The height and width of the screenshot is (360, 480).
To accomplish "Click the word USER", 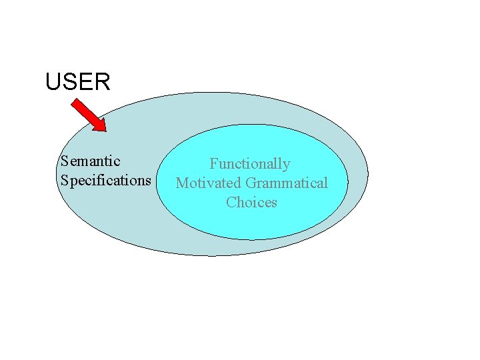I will tap(77, 82).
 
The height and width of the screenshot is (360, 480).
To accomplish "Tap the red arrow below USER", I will tap(89, 115).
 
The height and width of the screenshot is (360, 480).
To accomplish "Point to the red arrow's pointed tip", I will tap(105, 130).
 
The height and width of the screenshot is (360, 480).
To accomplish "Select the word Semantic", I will tap(90, 161).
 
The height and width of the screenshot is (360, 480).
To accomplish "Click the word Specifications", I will tap(105, 181).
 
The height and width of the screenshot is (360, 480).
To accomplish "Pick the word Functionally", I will tap(250, 164).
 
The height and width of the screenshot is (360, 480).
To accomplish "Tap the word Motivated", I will tap(208, 183).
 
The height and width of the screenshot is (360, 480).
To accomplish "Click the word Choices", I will tap(251, 202).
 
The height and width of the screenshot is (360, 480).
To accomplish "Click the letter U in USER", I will tap(53, 82).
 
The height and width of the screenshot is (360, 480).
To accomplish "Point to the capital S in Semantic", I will tap(64, 161).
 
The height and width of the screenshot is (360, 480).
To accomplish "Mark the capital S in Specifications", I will tap(64, 181).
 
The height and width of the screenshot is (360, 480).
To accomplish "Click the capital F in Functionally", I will tap(214, 163).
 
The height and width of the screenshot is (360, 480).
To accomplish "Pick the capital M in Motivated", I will tap(181, 183).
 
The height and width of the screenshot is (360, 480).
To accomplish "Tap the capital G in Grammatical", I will tap(251, 183).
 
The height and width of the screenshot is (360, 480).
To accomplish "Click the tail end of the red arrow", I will tap(75, 102).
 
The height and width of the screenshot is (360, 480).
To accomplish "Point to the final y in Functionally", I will tap(287, 165).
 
